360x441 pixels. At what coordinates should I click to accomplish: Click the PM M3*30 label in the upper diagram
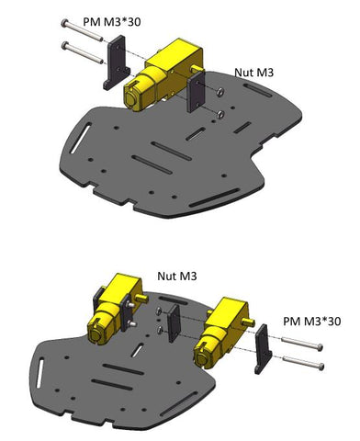tap(112, 22)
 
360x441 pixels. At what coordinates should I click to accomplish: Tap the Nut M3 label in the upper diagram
tap(253, 73)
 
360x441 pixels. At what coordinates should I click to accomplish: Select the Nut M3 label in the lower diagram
tap(177, 276)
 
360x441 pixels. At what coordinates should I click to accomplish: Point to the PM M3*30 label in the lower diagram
tap(312, 322)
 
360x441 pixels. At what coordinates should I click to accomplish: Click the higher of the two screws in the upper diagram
tap(82, 30)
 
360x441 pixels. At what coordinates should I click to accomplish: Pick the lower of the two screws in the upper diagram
tap(83, 52)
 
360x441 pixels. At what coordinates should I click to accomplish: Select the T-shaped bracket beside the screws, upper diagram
tap(117, 63)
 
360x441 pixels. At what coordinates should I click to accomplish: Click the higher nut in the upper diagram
tap(219, 91)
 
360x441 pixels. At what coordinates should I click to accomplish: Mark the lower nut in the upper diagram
tap(220, 114)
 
